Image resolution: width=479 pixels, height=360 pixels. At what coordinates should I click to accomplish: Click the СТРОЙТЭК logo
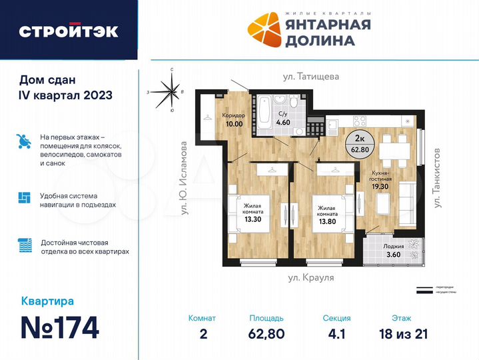[x=69, y=31]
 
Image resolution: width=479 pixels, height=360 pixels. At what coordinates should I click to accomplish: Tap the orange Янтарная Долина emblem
[x=265, y=30]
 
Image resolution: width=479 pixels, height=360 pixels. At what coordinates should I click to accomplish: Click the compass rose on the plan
[x=171, y=93]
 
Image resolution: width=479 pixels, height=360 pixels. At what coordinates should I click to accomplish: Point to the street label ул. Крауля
[x=306, y=275]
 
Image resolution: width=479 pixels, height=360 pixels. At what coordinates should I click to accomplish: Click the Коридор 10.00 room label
[x=234, y=119]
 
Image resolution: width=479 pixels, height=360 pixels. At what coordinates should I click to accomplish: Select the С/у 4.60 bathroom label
[x=283, y=118]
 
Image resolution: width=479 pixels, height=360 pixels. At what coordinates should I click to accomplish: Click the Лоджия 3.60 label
[x=394, y=249]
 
